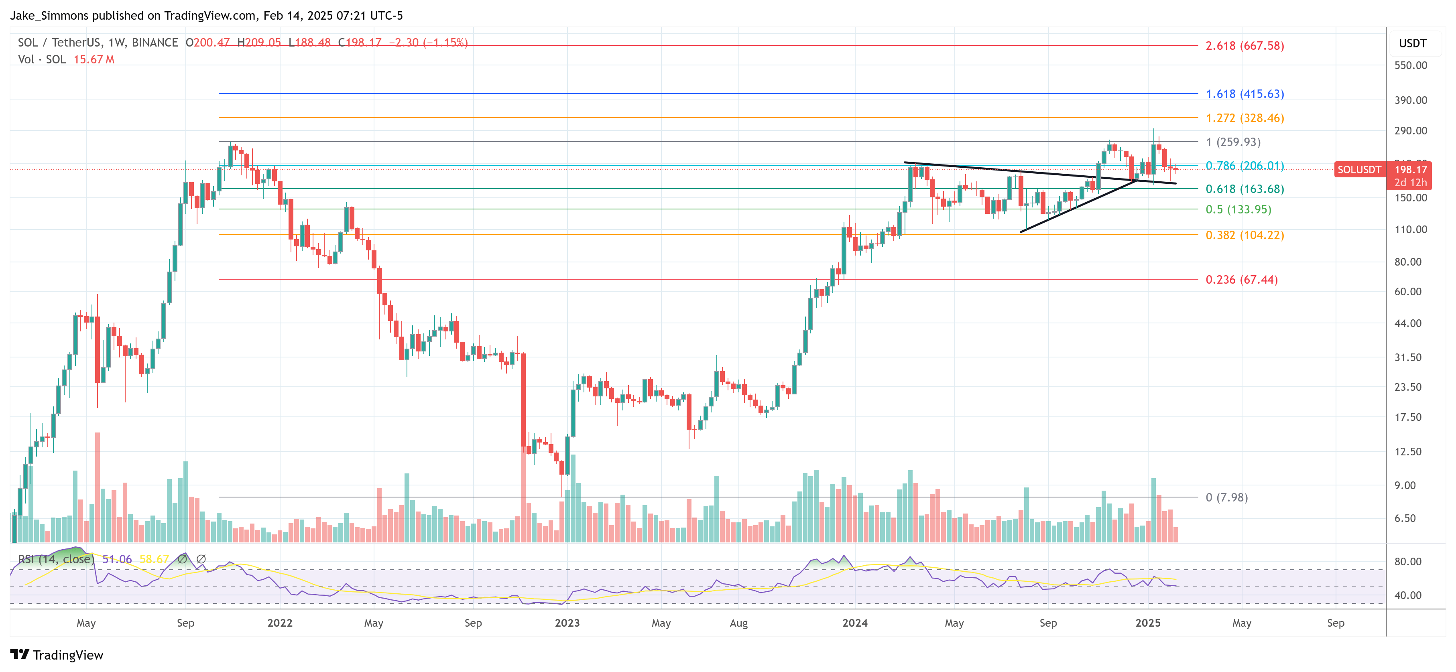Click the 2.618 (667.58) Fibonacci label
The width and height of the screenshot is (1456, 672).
click(1245, 46)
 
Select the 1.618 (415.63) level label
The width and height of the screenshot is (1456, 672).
click(1245, 94)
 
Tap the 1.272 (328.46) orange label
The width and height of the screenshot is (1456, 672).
click(1245, 118)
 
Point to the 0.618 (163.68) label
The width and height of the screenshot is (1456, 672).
click(1245, 189)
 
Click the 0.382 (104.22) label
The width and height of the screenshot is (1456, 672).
click(1245, 235)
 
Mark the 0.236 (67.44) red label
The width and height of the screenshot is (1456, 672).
click(1241, 280)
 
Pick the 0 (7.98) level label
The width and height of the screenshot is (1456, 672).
click(1226, 498)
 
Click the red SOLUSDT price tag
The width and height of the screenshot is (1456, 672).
click(1359, 170)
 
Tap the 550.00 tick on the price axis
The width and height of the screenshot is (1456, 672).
click(1410, 65)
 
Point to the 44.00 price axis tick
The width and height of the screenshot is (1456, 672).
click(1407, 323)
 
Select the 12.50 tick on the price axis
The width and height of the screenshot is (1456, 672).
click(1407, 452)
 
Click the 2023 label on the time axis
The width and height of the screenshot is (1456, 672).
click(567, 623)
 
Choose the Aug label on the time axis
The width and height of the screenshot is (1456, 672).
click(738, 623)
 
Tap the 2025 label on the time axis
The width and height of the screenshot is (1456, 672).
click(1147, 623)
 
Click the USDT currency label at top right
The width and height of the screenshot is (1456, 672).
click(1412, 43)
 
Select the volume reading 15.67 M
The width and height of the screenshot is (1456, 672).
click(94, 59)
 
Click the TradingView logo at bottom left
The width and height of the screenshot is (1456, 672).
click(57, 655)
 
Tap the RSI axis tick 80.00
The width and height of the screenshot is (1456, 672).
click(1407, 562)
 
